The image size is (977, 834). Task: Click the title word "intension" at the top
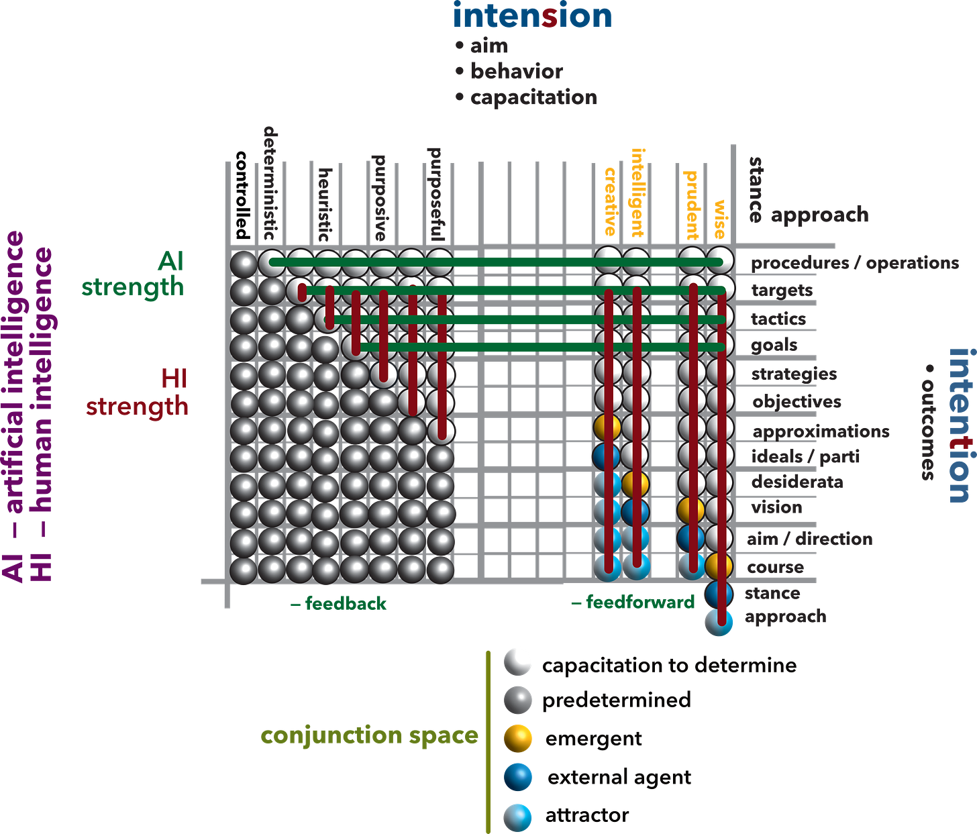click(533, 15)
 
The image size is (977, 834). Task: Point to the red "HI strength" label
click(138, 393)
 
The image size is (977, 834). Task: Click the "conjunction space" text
click(370, 736)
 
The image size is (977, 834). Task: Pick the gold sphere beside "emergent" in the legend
click(518, 739)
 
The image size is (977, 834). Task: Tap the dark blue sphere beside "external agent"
click(518, 778)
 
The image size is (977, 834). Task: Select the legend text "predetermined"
click(617, 701)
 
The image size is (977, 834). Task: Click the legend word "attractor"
click(587, 816)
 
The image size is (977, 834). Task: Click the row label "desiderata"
click(797, 482)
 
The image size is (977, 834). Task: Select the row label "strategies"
click(794, 374)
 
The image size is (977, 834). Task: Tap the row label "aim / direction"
click(809, 539)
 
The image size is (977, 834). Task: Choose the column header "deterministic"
click(269, 183)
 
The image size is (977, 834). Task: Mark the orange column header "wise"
click(720, 218)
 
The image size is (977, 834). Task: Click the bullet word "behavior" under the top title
click(516, 71)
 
